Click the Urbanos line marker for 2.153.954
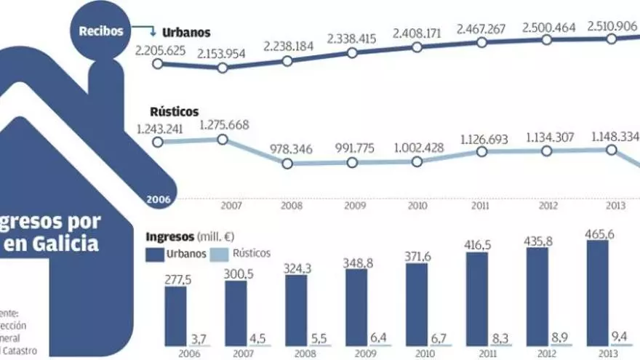click(x=223, y=68)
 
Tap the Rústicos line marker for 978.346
click(x=287, y=164)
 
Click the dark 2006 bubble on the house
click(x=158, y=199)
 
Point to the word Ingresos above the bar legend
click(x=170, y=237)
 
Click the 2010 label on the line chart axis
click(x=417, y=207)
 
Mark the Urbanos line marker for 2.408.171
click(x=417, y=47)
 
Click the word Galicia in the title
click(x=63, y=244)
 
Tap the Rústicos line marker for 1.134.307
click(x=548, y=151)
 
